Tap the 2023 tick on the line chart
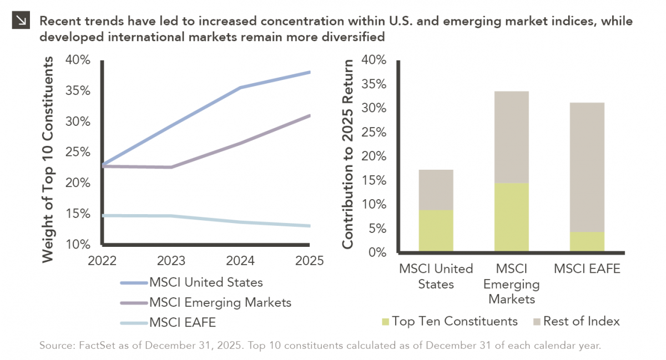click(x=171, y=260)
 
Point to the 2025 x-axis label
click(x=309, y=260)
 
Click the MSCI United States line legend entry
click(x=206, y=282)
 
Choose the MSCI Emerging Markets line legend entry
click(x=220, y=302)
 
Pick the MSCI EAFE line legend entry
click(x=181, y=322)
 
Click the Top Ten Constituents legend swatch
click(x=385, y=322)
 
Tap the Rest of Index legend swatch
click(x=536, y=322)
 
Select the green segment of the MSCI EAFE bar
click(x=587, y=242)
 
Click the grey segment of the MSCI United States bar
click(x=436, y=190)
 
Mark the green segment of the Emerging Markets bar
click(x=511, y=217)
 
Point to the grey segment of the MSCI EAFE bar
click(x=587, y=167)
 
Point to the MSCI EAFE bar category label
click(x=587, y=269)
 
